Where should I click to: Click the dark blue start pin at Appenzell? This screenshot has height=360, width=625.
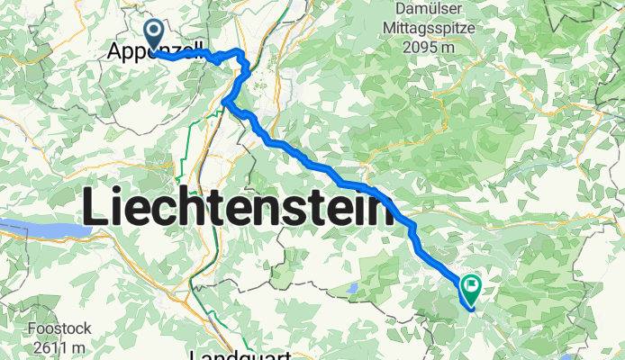point(154,35)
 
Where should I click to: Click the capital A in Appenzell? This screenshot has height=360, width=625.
point(115,52)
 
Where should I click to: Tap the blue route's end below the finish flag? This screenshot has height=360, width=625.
point(469,309)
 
